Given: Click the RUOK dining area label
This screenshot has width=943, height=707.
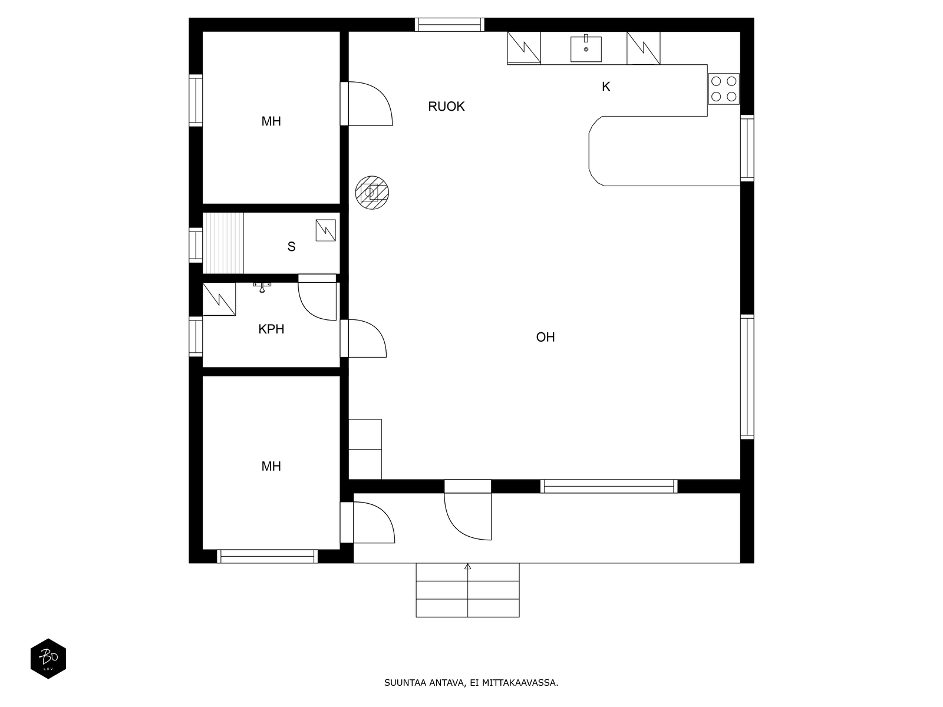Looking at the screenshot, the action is pos(446,107).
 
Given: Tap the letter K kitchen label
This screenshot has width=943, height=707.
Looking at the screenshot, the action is pos(606,87).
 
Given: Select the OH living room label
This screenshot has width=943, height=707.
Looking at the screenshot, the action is pos(545,337).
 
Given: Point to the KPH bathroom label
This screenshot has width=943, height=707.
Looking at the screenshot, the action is pos(271,329).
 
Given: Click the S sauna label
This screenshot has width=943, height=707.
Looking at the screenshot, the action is pos(291,246).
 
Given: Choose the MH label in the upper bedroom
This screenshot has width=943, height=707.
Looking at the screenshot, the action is pos(271,121).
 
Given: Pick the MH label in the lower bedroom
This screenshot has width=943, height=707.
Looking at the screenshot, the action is pos(271,466).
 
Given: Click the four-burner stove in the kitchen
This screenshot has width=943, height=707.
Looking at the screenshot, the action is pos(724,89).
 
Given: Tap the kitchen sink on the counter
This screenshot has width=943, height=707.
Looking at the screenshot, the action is pos(586,49).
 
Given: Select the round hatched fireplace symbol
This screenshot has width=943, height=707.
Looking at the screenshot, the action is pos(372,193).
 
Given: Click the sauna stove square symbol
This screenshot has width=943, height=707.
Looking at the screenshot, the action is pos(326,230).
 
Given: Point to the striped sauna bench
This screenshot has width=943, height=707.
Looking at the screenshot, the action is pos(223,243).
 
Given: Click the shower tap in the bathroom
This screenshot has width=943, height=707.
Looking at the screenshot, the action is pos(262,287).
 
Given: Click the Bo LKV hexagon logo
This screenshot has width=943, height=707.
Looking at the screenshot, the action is pos(48,659).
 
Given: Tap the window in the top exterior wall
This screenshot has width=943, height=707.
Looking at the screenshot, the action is pos(449,25).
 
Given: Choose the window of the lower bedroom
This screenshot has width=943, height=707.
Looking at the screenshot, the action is pos(267,556).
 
